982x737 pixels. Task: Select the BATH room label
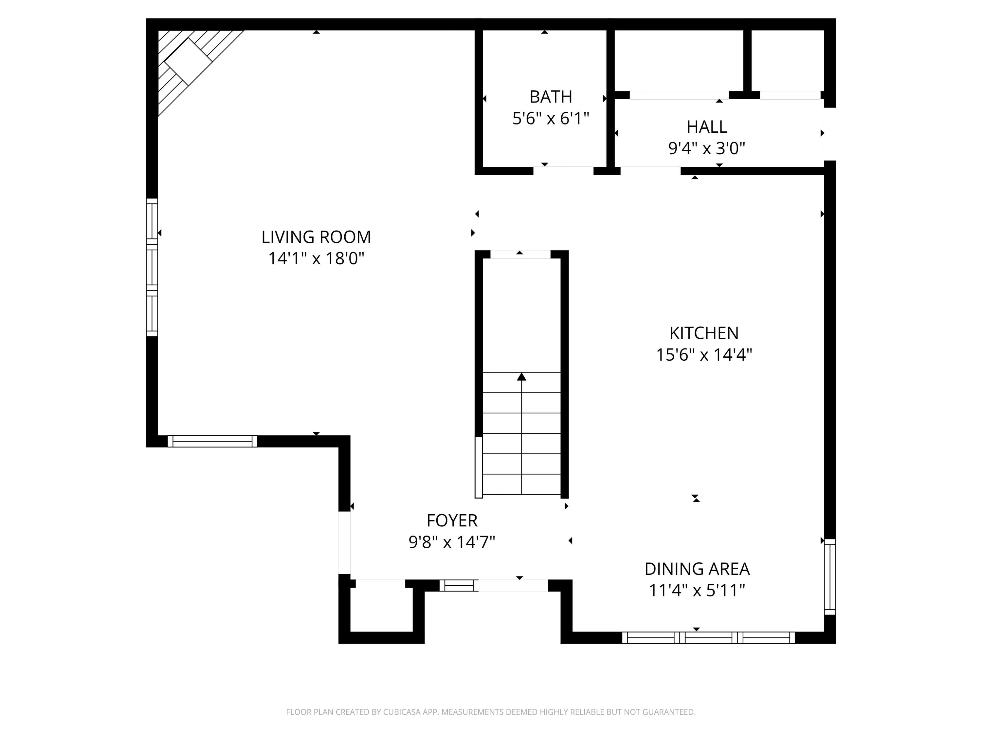(551, 97)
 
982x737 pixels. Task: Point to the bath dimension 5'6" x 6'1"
(551, 119)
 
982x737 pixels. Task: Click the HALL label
(707, 127)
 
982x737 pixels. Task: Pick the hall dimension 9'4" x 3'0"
(707, 148)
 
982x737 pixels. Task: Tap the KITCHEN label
(704, 333)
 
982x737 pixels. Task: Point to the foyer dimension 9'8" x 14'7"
(452, 542)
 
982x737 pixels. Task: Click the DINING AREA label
(697, 569)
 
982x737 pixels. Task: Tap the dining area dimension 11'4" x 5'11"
(697, 590)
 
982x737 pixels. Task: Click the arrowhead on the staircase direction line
(522, 377)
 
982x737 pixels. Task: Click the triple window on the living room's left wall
(152, 267)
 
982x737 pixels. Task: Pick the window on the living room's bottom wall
(212, 441)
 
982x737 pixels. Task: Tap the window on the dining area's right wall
(830, 576)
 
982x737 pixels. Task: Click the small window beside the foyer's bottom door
(459, 586)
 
